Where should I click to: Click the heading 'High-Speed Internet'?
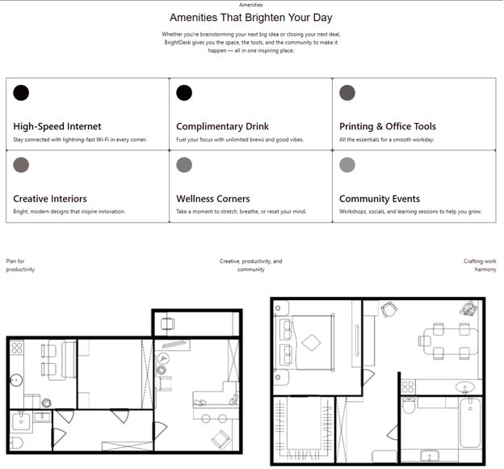pos(57,126)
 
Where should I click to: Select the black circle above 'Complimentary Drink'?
pos(184,93)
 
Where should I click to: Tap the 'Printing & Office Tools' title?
pos(388,126)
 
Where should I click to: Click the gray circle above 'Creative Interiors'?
pos(21,165)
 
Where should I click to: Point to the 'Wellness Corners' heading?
pos(212,199)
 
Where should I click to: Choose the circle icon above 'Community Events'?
pos(347,165)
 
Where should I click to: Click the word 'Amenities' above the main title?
pos(251,5)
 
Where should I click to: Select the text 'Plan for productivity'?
pos(20,265)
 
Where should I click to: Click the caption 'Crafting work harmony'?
pos(481,265)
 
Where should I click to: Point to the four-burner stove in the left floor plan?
pos(17,349)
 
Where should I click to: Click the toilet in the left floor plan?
pos(16,443)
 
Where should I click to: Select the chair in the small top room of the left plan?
pos(167,323)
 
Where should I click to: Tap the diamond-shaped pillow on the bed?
pos(311,343)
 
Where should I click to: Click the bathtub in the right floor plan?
pos(470,422)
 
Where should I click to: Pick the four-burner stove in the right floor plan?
pos(408,387)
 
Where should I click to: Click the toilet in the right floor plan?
pos(409,406)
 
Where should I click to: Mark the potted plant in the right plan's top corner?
pos(468,309)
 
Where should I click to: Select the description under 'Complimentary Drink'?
pos(240,140)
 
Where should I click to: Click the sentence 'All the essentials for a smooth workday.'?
pos(387,140)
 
